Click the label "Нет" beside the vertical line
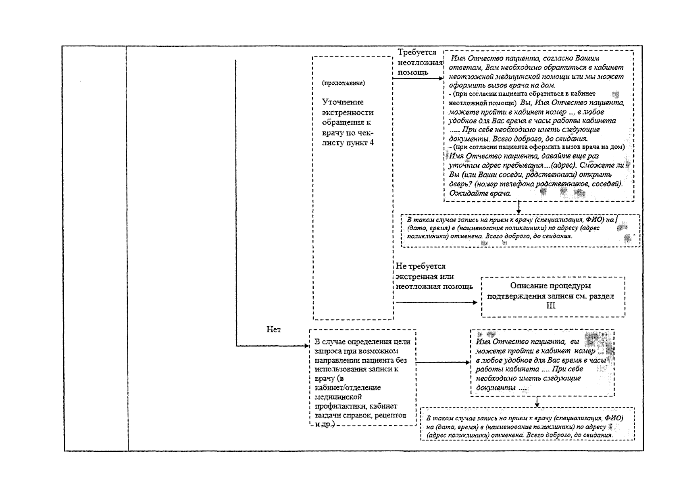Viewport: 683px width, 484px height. click(274, 330)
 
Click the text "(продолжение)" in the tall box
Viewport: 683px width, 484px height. click(344, 83)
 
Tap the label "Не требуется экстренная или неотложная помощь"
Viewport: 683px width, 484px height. click(434, 277)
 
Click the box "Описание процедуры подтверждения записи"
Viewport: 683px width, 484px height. click(552, 296)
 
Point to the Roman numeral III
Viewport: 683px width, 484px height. click(550, 306)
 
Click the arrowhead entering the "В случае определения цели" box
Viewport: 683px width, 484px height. click(305, 346)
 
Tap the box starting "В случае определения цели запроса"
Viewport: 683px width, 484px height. click(362, 378)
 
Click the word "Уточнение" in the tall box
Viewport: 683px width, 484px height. click(343, 102)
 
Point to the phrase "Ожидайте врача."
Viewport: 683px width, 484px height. click(480, 193)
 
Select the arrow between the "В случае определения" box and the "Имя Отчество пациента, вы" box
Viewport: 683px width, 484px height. click(442, 362)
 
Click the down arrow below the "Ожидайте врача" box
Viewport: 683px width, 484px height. click(519, 207)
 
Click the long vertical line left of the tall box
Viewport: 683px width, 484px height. click(235, 202)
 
